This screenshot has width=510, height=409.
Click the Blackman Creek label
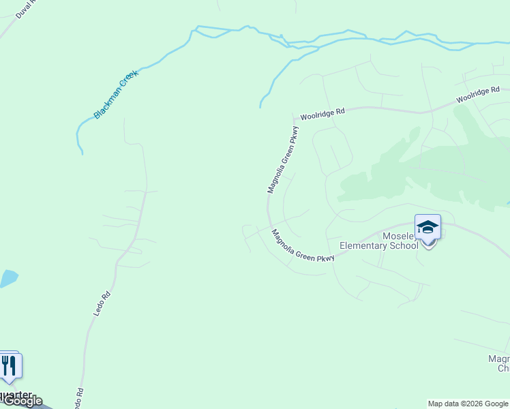(116, 94)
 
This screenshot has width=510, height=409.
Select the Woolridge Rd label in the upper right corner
(478, 95)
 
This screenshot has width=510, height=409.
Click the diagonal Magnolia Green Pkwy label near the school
(303, 246)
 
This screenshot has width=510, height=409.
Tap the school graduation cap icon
(427, 227)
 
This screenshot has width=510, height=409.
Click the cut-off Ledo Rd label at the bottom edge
(78, 397)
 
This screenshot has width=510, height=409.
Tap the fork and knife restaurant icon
(9, 366)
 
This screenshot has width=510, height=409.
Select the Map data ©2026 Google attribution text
(468, 404)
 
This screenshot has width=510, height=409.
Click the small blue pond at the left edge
(7, 278)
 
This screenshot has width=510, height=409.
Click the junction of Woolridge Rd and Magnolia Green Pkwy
(292, 117)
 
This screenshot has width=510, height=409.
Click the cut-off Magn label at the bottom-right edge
(499, 359)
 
